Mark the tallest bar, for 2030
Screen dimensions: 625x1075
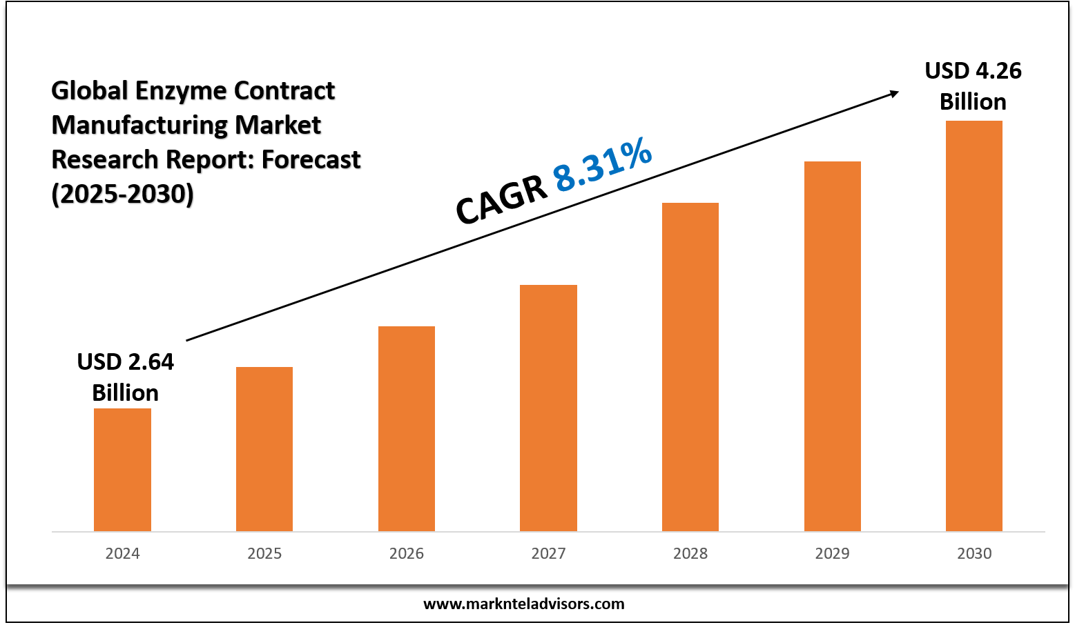974,326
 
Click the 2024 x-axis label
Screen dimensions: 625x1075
122,553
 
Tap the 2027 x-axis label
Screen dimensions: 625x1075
548,553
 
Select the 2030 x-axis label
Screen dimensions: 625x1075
974,553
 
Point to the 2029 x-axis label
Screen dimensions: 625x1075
833,553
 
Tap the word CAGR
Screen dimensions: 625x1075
501,199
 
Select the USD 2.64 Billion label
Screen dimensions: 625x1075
125,377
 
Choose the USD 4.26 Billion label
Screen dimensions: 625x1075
973,86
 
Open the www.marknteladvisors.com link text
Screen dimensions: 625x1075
523,604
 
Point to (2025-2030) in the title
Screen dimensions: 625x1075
123,194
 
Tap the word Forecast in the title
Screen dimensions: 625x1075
311,159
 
